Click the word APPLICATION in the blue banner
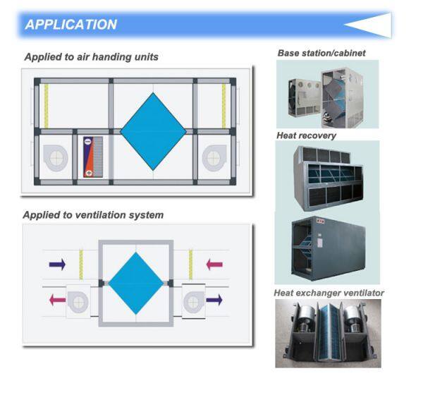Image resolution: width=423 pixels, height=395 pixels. pos(71,25)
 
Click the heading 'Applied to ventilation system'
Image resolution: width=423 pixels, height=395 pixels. pos(93,214)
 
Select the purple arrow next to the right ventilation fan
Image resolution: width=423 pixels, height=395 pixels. pos(213,299)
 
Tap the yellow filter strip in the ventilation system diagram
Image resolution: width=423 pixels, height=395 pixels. pos(190,265)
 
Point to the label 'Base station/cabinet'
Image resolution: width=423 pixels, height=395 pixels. pos(321,53)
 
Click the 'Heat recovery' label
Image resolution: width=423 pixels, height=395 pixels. pos(306,135)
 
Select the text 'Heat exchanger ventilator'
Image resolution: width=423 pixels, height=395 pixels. pos(329,292)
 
